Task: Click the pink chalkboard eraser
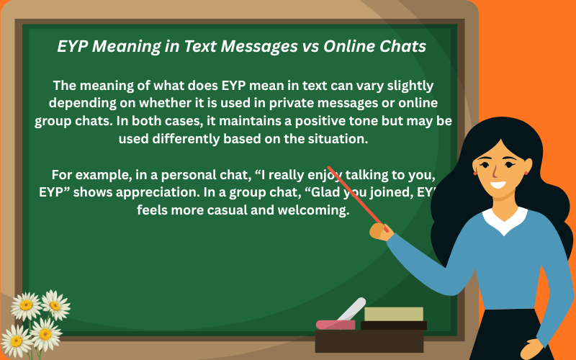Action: click(x=335, y=325)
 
